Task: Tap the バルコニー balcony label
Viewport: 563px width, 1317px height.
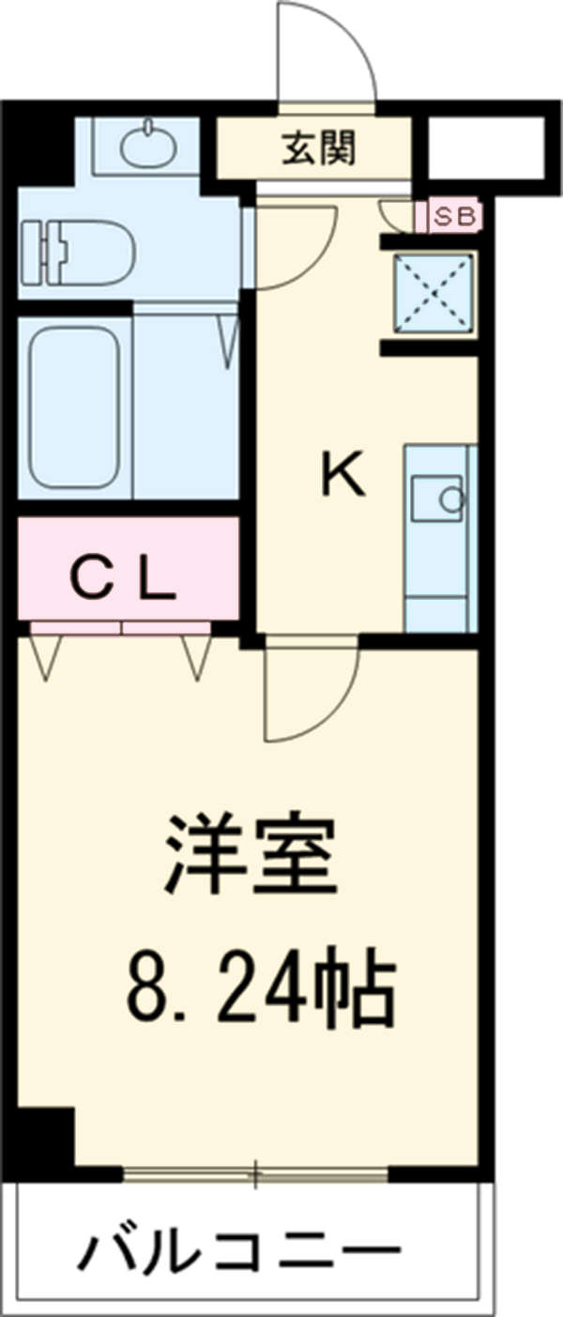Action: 239,1252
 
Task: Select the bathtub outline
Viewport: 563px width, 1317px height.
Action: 73,405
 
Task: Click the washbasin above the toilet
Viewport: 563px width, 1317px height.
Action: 146,145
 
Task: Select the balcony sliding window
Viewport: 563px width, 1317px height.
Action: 255,1172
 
